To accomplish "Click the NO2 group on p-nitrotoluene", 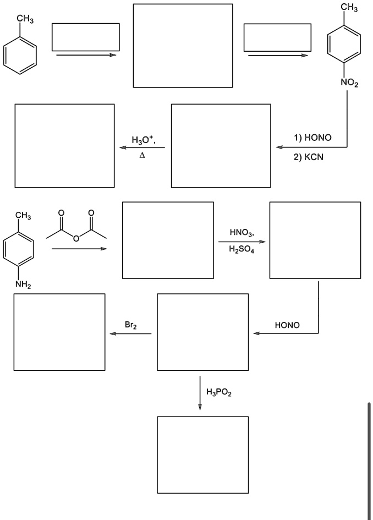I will [349, 83].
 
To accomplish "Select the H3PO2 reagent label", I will [218, 392].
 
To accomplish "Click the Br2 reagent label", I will [130, 326].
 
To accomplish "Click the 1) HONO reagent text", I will [312, 138].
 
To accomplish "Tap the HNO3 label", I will [241, 233].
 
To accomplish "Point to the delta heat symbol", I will [142, 156].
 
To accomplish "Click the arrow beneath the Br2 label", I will [130, 333].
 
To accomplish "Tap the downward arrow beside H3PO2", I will [200, 393].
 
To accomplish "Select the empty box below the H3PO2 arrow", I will [202, 455].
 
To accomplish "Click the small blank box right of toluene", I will [86, 37].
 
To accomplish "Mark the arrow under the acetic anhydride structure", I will [79, 249].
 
